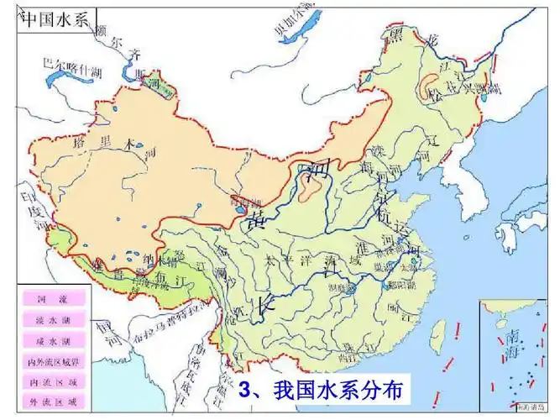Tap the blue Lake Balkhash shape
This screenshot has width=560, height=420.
[x=63, y=80]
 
